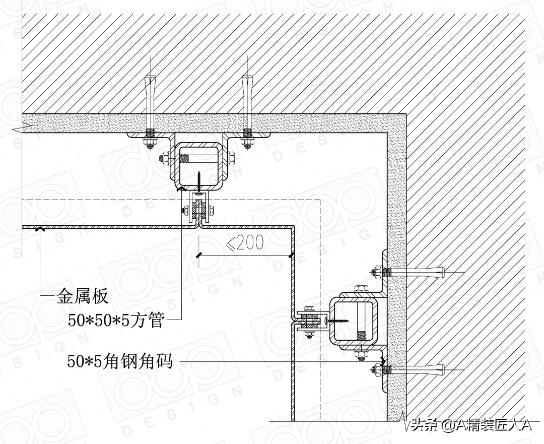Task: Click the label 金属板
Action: (82, 296)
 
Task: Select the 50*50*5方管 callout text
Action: (116, 320)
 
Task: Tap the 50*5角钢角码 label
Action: (120, 361)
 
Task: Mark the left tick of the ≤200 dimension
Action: (199, 256)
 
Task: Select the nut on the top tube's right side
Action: (232, 160)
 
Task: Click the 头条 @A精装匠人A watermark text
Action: (471, 426)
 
